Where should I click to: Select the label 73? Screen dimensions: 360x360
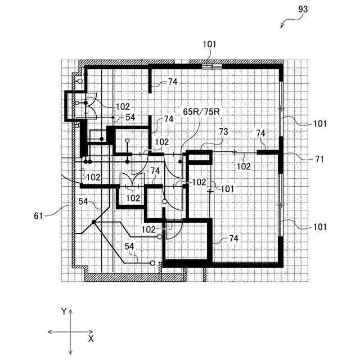223,131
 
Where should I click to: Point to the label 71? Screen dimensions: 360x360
319,159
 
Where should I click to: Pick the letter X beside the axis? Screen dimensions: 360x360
91,339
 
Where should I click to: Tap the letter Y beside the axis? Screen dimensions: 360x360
64,311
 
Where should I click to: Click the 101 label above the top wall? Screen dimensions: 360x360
210,44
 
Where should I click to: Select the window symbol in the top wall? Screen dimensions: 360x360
211,66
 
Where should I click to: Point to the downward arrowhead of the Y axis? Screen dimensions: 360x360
70,352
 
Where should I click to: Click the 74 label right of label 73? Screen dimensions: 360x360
260,133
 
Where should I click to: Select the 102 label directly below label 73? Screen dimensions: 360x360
244,166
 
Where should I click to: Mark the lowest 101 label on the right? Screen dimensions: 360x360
319,227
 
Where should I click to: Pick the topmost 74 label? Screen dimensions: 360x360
172,82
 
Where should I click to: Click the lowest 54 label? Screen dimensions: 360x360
129,246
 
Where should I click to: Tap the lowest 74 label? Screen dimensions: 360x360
234,238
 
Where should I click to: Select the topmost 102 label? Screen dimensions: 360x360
123,106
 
